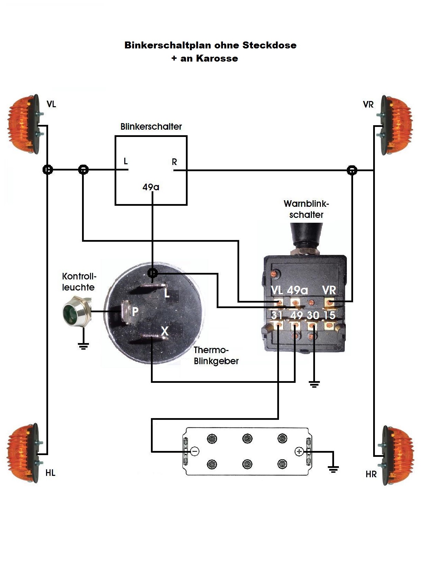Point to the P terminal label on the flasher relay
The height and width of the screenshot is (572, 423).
click(135, 312)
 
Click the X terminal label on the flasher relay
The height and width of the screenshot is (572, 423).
click(164, 331)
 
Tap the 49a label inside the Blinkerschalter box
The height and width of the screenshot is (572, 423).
click(151, 187)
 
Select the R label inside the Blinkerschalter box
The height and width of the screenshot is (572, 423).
click(174, 162)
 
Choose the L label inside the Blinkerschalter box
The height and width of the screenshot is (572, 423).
click(126, 161)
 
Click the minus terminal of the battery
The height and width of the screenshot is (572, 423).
click(195, 451)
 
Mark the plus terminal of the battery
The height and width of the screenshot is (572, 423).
click(299, 451)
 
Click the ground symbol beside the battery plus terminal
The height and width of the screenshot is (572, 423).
click(333, 469)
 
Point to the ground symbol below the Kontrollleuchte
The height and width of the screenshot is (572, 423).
click(83, 346)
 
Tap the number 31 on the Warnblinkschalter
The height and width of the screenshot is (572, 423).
click(277, 315)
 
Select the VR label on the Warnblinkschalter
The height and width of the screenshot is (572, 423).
click(329, 290)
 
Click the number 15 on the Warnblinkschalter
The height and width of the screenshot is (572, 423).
click(329, 315)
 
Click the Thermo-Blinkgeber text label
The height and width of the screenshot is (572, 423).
click(216, 356)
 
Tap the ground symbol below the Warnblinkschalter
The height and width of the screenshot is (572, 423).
click(314, 384)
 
